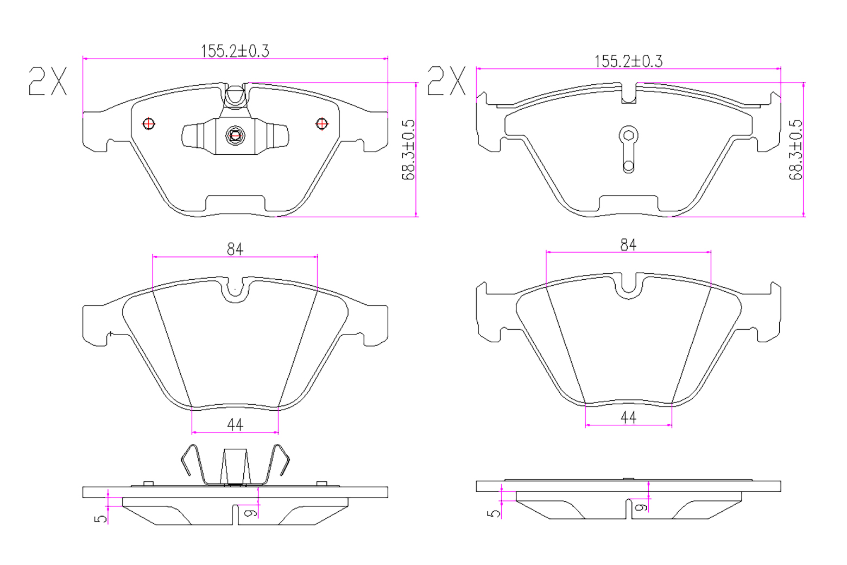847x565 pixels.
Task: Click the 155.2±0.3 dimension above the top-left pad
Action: click(x=235, y=51)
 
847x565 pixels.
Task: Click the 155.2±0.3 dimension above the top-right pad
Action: click(x=628, y=61)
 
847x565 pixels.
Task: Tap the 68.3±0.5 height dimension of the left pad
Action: click(x=408, y=150)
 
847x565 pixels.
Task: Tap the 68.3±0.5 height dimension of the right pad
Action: click(x=795, y=150)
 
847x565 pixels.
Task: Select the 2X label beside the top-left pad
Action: click(x=48, y=81)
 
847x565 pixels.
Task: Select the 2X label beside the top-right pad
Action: click(x=446, y=80)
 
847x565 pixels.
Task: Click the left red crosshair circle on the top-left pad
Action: click(x=149, y=124)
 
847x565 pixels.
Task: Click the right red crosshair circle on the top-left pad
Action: click(x=322, y=124)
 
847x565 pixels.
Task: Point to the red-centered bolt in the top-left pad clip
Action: click(x=235, y=135)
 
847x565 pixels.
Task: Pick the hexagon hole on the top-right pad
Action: click(x=628, y=135)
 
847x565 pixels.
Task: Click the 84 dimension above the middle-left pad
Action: click(x=235, y=249)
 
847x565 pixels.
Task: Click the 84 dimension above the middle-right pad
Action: click(x=628, y=245)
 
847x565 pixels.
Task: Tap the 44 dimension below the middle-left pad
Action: click(x=235, y=425)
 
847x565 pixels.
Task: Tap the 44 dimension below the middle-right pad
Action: click(x=628, y=418)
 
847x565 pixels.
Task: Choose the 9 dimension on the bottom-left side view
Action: click(x=251, y=513)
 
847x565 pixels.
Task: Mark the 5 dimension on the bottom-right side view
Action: click(x=494, y=513)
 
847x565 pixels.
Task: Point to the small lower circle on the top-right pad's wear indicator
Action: click(x=628, y=166)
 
